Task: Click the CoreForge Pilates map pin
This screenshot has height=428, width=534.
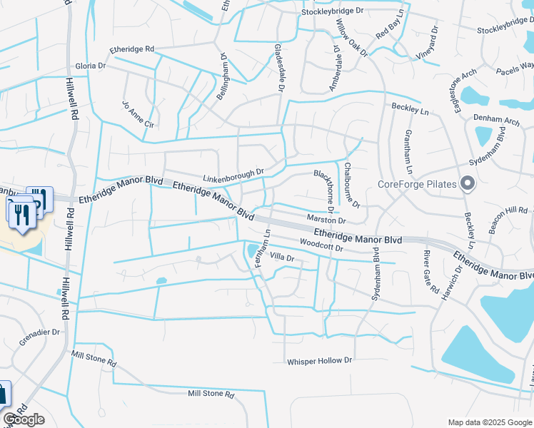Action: click(x=468, y=183)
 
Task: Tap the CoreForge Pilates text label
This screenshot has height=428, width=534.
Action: click(x=418, y=184)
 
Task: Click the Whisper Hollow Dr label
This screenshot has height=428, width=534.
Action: click(x=320, y=362)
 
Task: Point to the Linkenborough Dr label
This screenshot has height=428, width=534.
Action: click(x=233, y=173)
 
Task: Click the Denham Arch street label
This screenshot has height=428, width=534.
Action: click(x=496, y=121)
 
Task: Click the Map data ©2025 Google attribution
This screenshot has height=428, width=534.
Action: click(x=490, y=422)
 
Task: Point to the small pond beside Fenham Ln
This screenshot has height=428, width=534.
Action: click(x=253, y=250)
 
